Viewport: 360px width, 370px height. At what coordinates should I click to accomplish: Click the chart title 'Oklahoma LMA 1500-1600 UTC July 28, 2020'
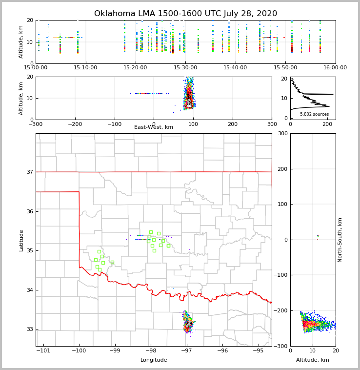(x=185, y=14)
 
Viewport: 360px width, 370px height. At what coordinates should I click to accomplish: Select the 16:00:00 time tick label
(x=335, y=68)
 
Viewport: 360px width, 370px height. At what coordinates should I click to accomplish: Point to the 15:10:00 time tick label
(x=86, y=68)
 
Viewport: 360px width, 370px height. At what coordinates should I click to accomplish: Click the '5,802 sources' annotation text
(x=314, y=114)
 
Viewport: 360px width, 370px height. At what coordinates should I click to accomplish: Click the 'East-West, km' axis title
(x=154, y=127)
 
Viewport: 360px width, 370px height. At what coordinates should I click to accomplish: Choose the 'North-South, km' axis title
(x=340, y=240)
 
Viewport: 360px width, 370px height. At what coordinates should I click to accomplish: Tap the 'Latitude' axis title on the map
(x=21, y=240)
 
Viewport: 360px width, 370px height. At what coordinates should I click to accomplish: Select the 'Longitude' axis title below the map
(x=154, y=360)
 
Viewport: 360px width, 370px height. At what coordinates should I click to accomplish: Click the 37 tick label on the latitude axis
(x=29, y=172)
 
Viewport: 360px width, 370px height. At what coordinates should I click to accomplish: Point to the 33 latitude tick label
(x=29, y=329)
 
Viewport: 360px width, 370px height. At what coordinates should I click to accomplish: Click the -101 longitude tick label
(x=44, y=350)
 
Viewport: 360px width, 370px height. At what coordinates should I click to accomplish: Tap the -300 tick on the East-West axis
(x=36, y=124)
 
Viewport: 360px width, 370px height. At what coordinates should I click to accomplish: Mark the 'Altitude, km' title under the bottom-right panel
(x=313, y=360)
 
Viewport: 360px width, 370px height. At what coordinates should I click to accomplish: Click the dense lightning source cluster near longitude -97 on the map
(x=188, y=323)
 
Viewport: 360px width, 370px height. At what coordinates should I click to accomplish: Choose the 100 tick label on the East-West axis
(x=193, y=124)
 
